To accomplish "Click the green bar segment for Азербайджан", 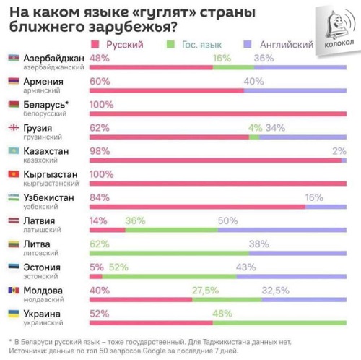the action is click(x=233, y=67).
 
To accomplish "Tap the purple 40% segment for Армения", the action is click(x=295, y=90).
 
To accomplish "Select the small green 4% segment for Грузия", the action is click(x=254, y=137).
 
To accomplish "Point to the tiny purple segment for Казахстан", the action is click(x=344, y=160).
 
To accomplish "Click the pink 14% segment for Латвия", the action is click(x=108, y=230).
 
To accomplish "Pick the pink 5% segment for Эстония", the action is click(x=96, y=276).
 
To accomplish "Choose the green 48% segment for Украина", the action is click(x=279, y=323).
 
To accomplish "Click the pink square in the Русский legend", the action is click(x=95, y=44).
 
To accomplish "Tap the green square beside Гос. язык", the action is click(x=170, y=44).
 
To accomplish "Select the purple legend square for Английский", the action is click(x=248, y=44).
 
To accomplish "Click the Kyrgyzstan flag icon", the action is click(x=14, y=174).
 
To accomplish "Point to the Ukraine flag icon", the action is click(x=14, y=314).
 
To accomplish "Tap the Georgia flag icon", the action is click(x=14, y=127).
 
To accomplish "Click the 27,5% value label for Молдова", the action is click(x=205, y=291).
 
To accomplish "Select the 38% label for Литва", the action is click(x=259, y=244).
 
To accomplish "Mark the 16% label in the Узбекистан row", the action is click(x=314, y=197).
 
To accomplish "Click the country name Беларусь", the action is click(x=44, y=105).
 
